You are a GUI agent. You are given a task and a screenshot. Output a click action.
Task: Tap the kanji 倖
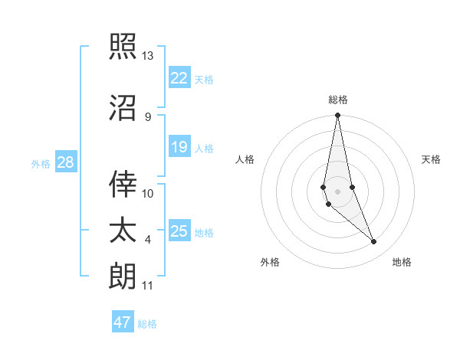coord(123,183)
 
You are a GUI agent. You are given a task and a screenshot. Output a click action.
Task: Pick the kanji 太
coord(123,231)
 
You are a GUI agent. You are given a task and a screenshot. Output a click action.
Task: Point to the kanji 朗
coord(123,276)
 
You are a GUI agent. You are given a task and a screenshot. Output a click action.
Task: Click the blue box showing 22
coord(179,77)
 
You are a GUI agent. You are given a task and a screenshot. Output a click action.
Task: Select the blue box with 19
coord(179,147)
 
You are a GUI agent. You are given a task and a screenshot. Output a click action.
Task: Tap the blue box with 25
coord(179,231)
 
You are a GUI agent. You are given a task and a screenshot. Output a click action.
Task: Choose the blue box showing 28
coord(65,162)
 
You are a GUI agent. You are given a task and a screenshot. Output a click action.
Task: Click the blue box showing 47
coord(123,322)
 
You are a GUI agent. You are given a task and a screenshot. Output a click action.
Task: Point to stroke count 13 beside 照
coord(147,56)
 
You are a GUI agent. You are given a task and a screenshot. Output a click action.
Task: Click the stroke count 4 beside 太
coord(148,240)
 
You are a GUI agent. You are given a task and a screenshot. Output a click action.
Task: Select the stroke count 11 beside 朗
coord(147,286)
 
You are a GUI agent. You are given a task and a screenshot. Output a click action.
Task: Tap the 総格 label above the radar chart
coord(337,100)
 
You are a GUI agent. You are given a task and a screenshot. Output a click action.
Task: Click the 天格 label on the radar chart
coord(432,159)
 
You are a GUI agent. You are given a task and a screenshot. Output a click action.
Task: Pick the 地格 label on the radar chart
coord(402,262)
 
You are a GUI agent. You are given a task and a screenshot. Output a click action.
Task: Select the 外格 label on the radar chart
coord(270,262)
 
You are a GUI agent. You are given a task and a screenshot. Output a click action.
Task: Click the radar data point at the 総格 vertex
coord(337,116)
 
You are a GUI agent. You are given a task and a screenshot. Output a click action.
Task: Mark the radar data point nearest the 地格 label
coord(374,242)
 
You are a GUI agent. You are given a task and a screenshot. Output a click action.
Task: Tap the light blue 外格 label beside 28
coord(40,163)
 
